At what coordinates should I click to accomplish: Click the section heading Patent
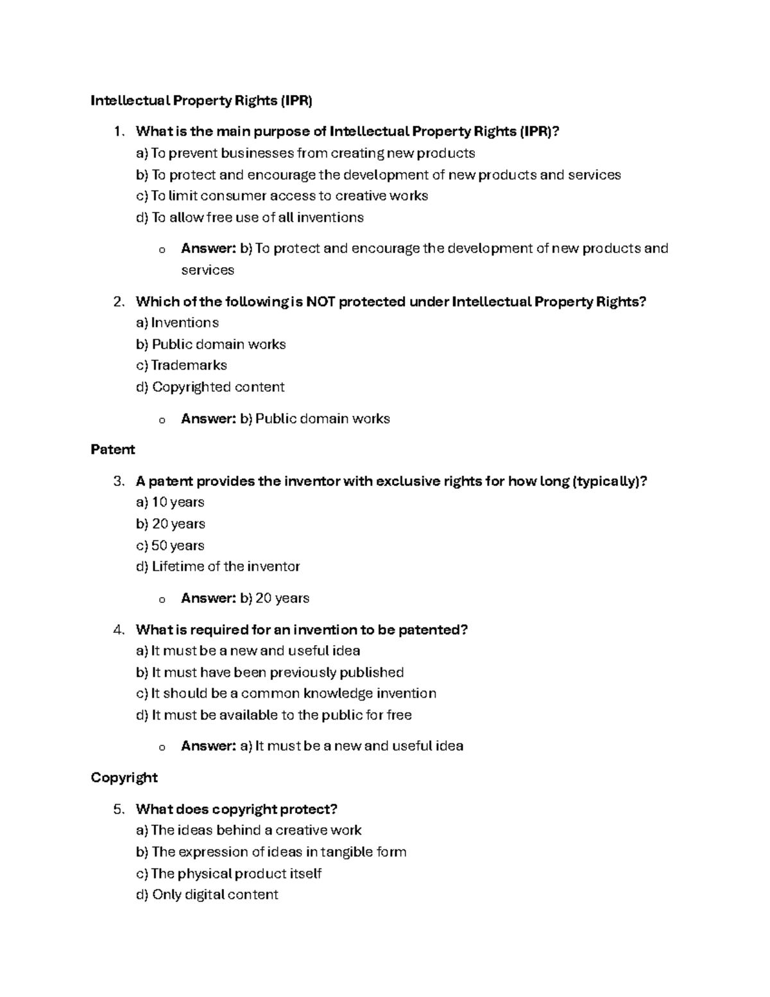[113, 449]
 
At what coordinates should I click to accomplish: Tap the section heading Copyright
[124, 777]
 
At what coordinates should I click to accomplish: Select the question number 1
[117, 132]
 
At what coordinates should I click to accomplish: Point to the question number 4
[117, 630]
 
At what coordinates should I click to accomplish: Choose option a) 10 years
[170, 502]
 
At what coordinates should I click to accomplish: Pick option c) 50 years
[170, 545]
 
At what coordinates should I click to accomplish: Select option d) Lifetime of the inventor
[218, 566]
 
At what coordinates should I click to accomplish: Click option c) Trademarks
[182, 365]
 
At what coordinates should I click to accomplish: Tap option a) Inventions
[177, 322]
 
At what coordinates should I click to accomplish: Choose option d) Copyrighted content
[210, 387]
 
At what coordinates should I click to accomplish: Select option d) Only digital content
[207, 894]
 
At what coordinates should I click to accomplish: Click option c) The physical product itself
[228, 873]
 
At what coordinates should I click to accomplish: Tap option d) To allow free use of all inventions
[250, 218]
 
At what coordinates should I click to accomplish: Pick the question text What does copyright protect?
[237, 809]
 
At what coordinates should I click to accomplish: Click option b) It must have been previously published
[269, 672]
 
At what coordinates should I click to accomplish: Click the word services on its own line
[207, 270]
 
